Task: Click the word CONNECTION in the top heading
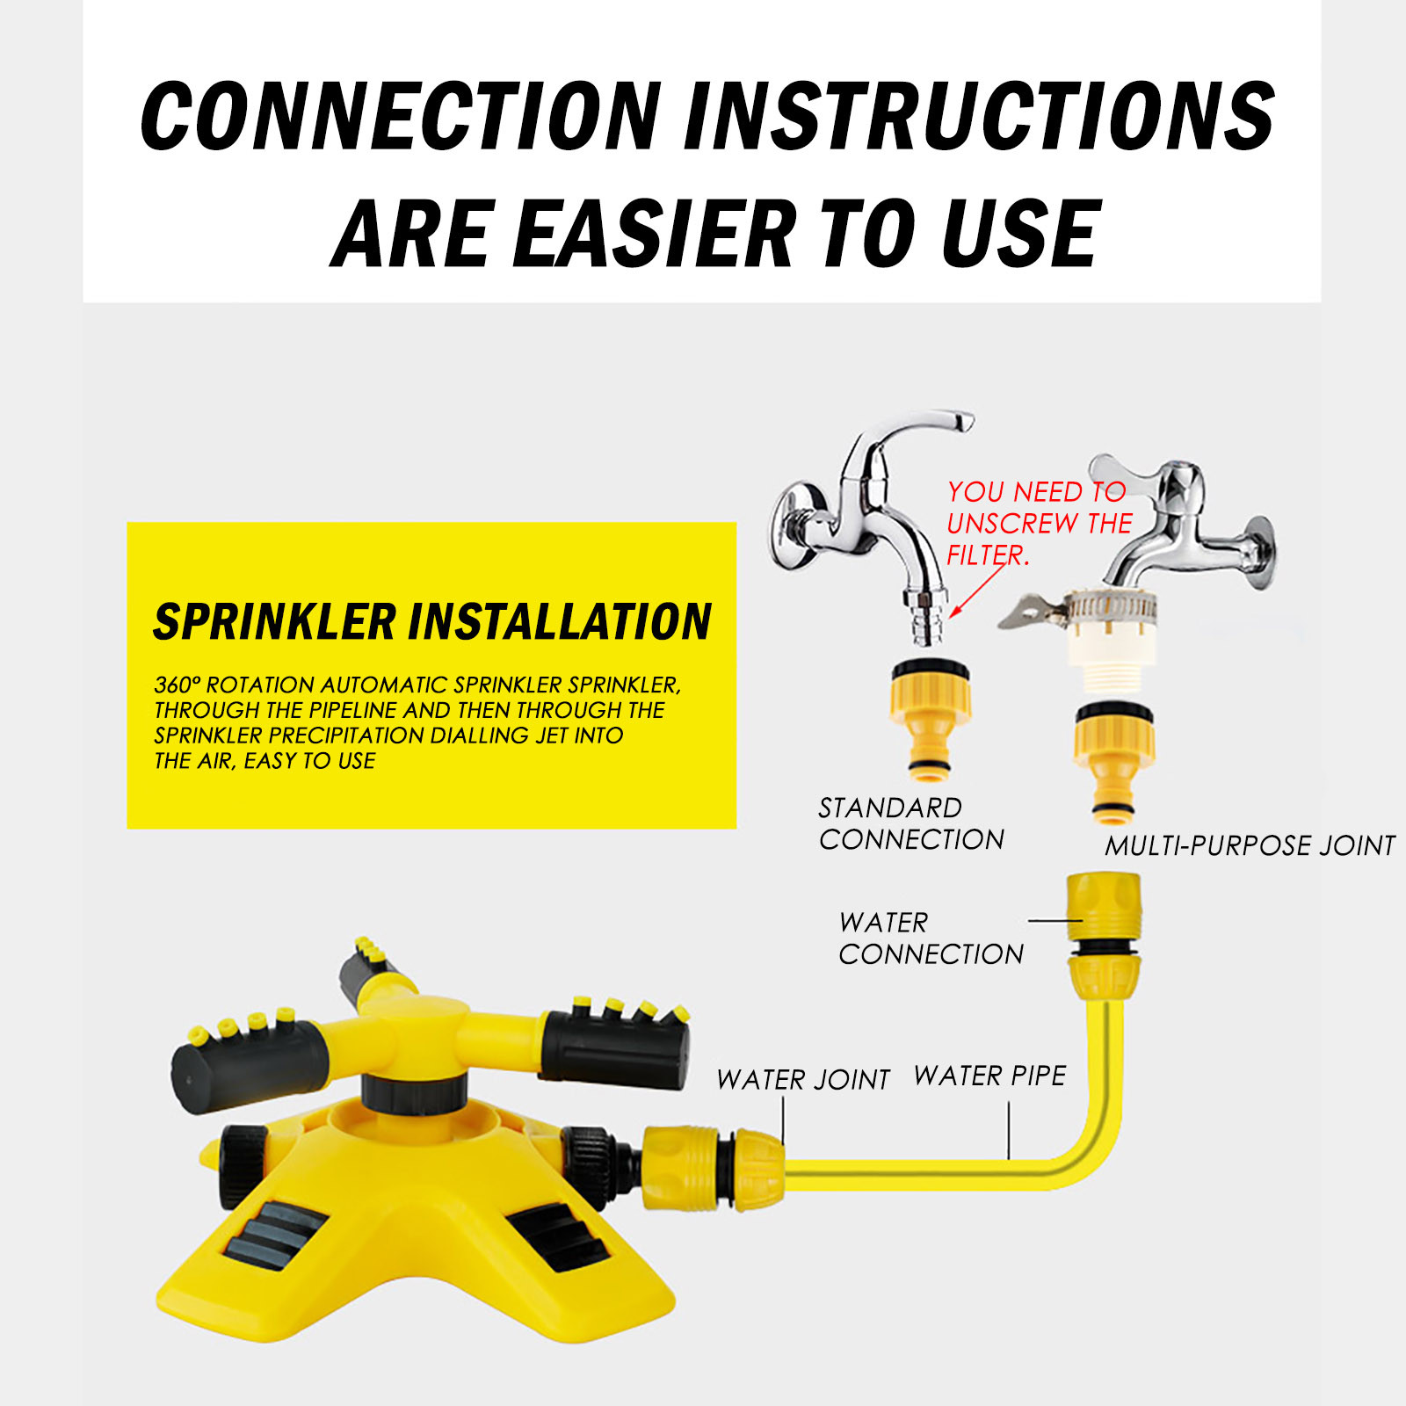point(401,115)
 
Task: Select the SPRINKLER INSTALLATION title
point(432,621)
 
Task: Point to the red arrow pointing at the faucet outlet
point(977,590)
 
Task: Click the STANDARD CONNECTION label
point(911,823)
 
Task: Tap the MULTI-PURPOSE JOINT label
point(1250,845)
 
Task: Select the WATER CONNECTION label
point(931,939)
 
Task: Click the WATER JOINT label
point(803,1079)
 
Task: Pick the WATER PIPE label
point(989,1076)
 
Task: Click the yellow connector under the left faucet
point(930,718)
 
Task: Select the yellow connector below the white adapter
point(1113,762)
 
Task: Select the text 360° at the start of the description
point(178,685)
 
